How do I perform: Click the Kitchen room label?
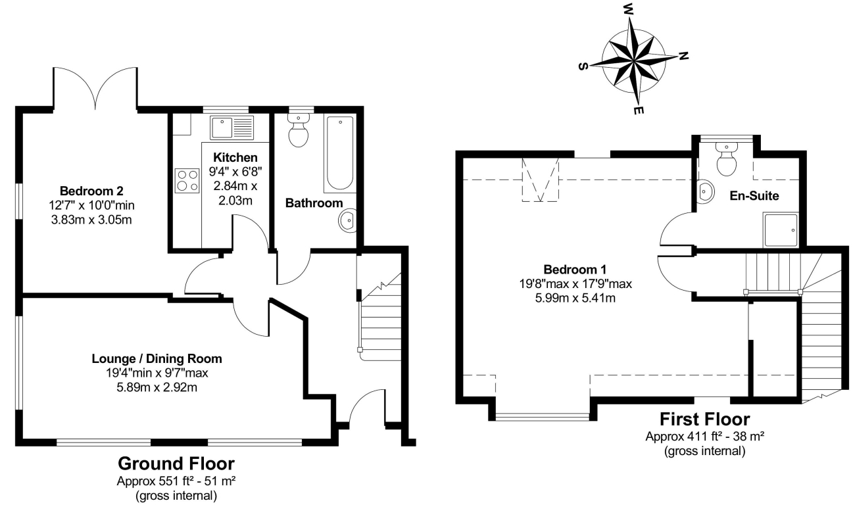[235, 158]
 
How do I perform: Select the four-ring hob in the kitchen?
[187, 180]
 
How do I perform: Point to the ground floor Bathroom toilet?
[299, 132]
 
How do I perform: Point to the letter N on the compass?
[683, 57]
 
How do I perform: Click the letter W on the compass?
[628, 10]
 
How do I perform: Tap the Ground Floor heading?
[176, 464]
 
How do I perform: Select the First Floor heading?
[704, 420]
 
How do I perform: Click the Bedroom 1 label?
[575, 270]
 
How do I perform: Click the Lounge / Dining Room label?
[157, 359]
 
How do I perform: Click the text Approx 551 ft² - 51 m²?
[176, 481]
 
